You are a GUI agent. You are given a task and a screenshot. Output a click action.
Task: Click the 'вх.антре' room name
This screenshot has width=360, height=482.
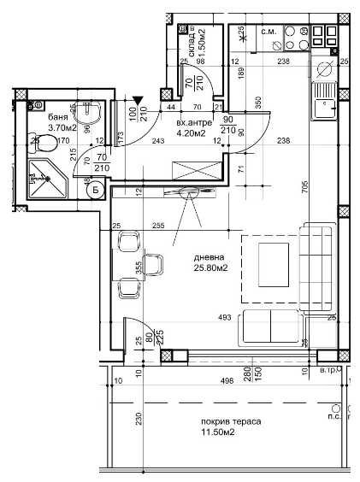[190, 122]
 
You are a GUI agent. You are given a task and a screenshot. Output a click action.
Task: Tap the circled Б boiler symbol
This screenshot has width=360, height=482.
[96, 190]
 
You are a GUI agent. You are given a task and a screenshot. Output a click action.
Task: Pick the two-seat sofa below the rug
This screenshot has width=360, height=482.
[271, 326]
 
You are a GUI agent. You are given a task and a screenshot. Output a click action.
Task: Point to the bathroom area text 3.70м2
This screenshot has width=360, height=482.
[62, 127]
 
